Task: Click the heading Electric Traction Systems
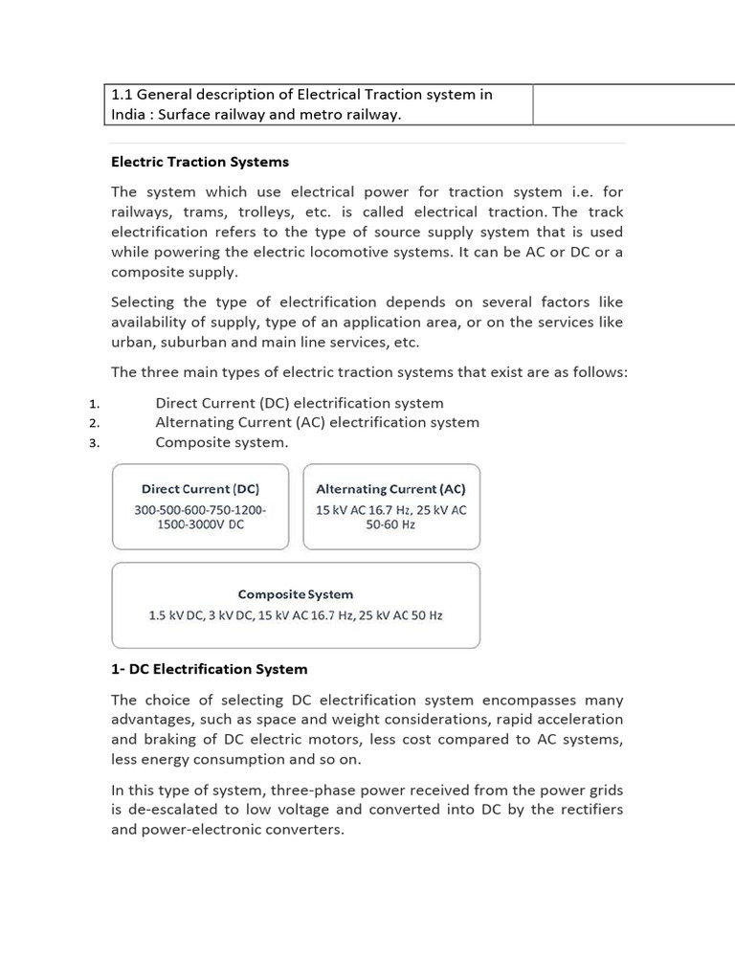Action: (200, 162)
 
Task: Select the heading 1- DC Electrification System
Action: (210, 668)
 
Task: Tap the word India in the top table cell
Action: (130, 115)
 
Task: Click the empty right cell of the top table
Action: (634, 104)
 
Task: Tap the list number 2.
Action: (94, 423)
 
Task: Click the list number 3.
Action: (94, 443)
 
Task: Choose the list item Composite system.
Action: (221, 442)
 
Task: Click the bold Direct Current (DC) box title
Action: (200, 489)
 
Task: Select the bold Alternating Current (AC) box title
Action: (390, 489)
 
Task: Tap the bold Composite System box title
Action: (296, 594)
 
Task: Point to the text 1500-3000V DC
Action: (200, 525)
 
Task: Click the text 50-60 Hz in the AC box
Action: (390, 525)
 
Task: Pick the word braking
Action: (171, 739)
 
